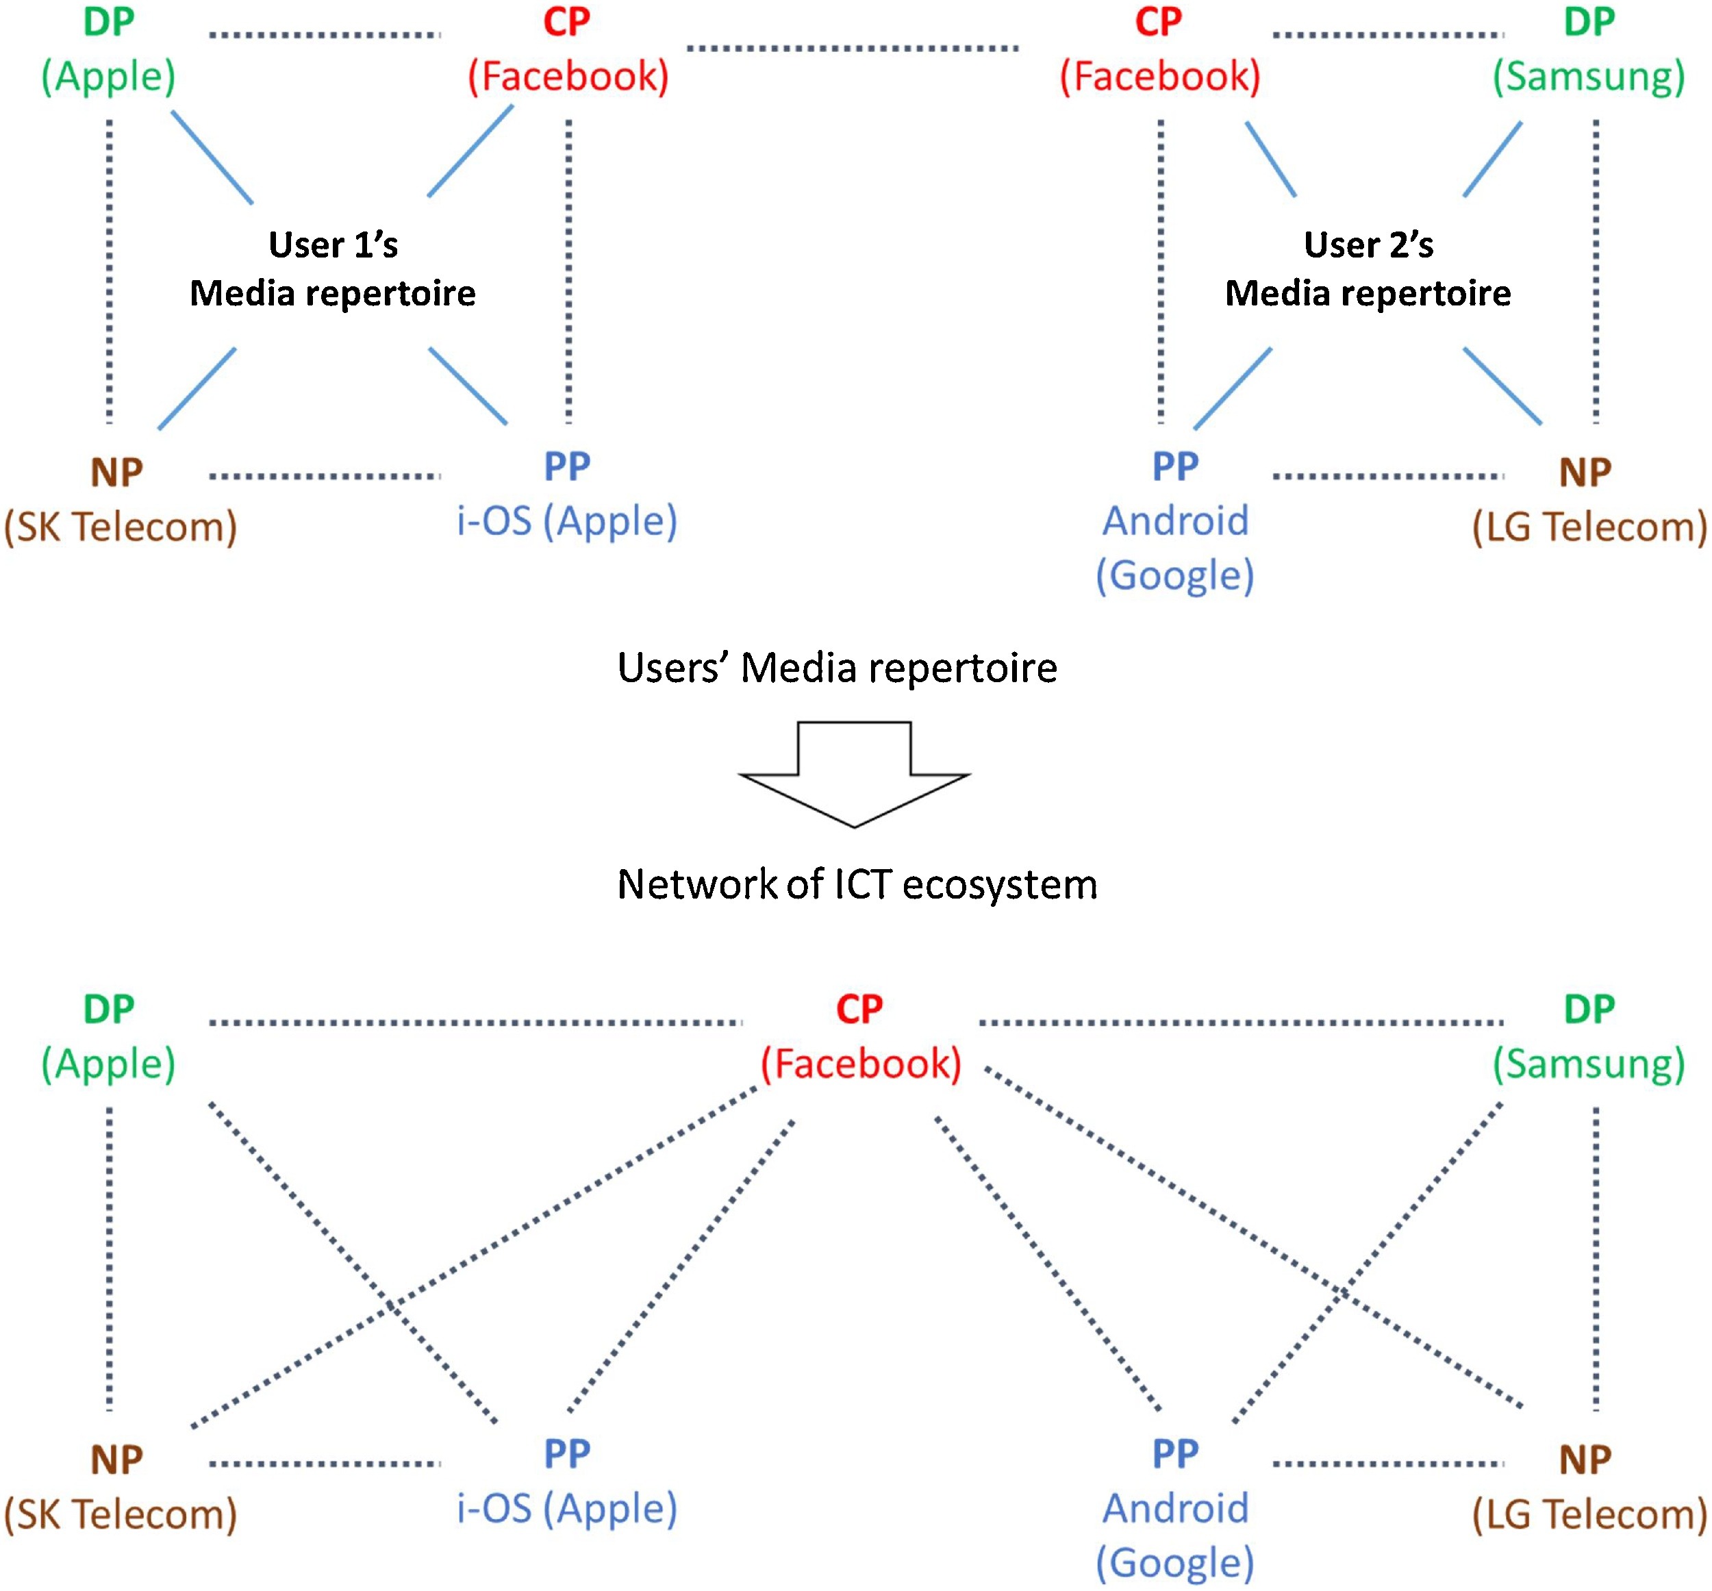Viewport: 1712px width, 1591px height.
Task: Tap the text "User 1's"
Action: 333,245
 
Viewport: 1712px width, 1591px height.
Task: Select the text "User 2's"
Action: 1368,245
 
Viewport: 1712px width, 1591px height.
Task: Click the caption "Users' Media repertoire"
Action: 837,668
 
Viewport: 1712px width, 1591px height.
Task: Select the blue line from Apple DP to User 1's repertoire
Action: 212,157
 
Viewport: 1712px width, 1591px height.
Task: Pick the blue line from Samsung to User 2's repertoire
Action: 1492,158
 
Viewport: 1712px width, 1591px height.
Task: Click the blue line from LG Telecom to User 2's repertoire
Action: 1502,385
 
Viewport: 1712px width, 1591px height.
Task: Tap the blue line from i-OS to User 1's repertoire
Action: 468,385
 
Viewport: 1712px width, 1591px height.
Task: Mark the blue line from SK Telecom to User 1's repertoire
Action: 197,388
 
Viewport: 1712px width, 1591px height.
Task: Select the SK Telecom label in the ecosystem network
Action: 121,1514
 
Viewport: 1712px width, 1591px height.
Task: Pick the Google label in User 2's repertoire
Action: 1175,575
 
